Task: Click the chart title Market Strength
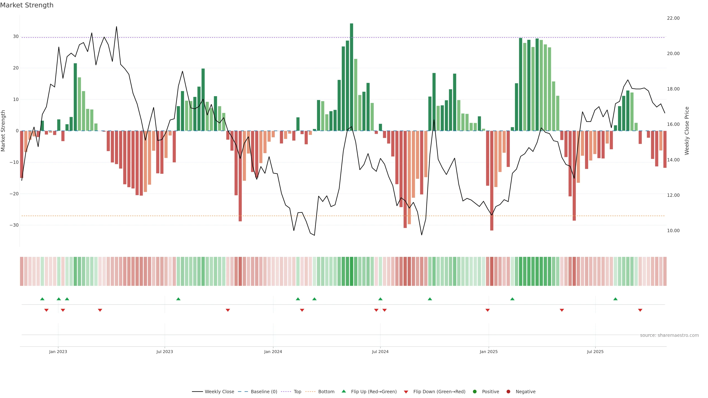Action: pos(27,5)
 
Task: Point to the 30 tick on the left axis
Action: pos(16,36)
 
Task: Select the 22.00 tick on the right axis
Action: pos(673,18)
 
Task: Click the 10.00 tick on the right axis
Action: pos(673,231)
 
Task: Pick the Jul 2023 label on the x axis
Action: pos(165,352)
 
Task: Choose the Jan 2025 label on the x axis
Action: pos(488,352)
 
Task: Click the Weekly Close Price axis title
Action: pos(687,131)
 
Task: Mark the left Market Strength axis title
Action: pos(3,131)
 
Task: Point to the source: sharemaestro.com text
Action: pos(669,335)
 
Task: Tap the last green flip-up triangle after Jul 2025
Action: pos(615,299)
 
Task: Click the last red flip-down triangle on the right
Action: pos(640,310)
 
